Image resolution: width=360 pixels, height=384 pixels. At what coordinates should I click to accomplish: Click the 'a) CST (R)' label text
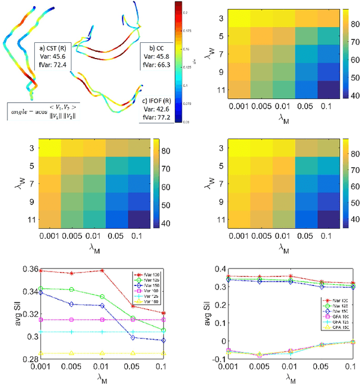[x=51, y=47]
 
